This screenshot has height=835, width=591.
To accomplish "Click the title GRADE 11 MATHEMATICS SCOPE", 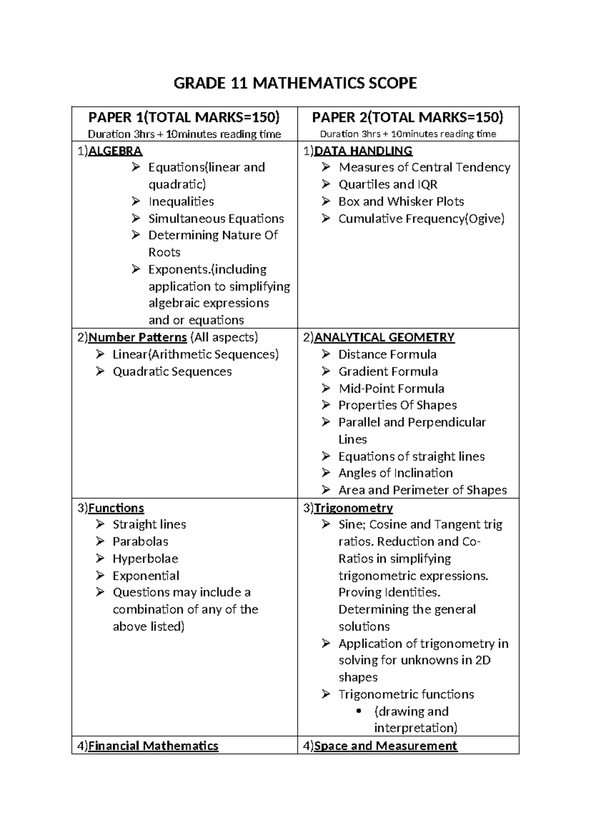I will tap(295, 83).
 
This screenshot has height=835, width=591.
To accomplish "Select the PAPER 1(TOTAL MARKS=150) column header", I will tap(184, 117).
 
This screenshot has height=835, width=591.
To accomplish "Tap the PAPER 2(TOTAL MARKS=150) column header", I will tap(408, 117).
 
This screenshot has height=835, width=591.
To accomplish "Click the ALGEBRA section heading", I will tap(115, 151).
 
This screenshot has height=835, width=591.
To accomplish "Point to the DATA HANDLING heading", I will tap(363, 151).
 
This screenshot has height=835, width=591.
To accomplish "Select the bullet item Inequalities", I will tap(181, 201).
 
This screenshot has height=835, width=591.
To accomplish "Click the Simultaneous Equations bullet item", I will tap(216, 219).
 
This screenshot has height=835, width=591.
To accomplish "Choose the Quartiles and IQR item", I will tap(388, 185).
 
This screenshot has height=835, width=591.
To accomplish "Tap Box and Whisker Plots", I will tap(401, 201).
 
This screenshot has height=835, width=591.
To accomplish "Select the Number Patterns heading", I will tap(137, 337).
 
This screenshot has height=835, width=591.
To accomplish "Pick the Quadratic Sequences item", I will tap(172, 372).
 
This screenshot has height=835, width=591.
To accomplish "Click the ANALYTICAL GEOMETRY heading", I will tap(384, 337).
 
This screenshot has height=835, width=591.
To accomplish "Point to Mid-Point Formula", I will tap(391, 388).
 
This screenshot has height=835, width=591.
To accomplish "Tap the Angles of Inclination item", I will tap(395, 473).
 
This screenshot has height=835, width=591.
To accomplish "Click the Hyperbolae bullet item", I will tap(145, 559).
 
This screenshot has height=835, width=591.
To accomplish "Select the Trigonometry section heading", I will tap(353, 508).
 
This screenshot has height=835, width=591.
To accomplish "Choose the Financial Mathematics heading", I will tap(153, 746).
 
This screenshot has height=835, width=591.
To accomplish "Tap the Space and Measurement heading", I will tap(385, 746).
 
